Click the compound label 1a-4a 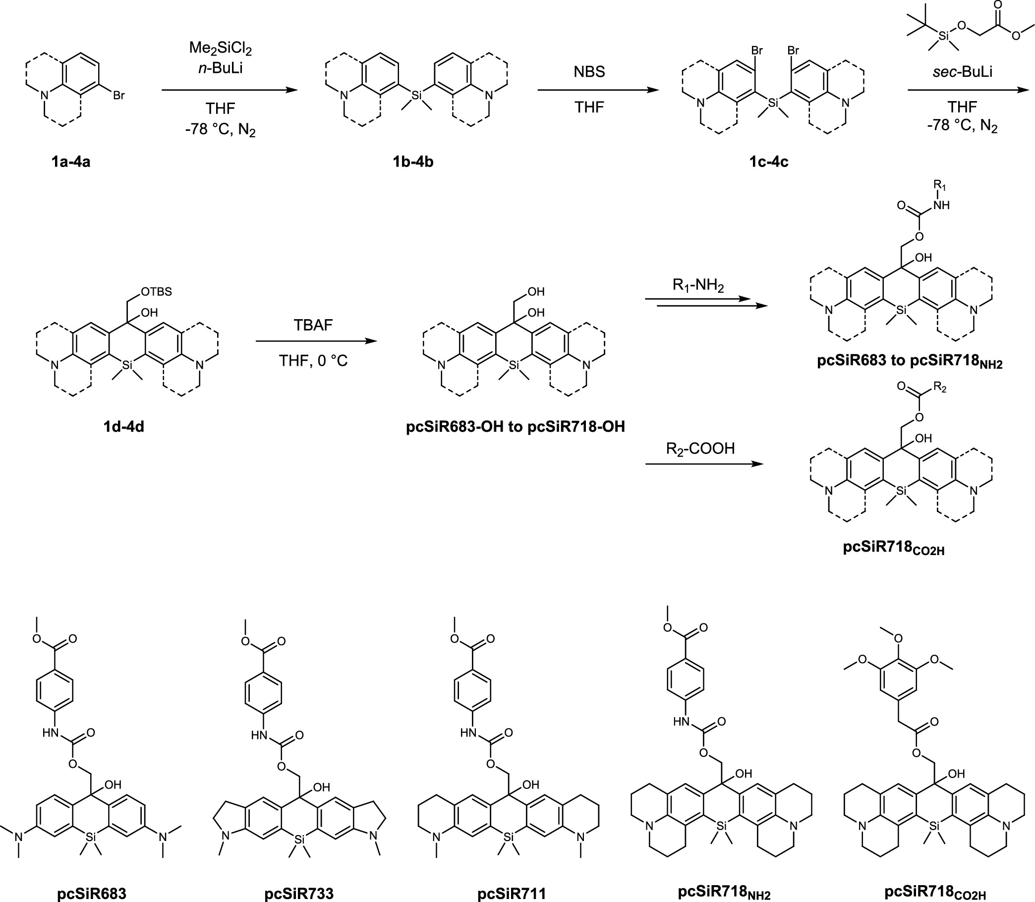[70, 162]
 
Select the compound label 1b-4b [413, 162]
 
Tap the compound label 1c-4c [769, 162]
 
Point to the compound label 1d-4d [124, 426]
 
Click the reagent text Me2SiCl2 [221, 49]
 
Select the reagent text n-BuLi [221, 68]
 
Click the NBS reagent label [589, 71]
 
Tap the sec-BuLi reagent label [963, 71]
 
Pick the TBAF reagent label [313, 325]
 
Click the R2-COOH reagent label [700, 449]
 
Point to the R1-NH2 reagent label [698, 286]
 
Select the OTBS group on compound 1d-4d [157, 291]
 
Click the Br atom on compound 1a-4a [119, 95]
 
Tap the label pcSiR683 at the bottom [92, 894]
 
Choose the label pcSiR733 [299, 894]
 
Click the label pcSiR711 [512, 894]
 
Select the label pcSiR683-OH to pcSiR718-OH [516, 427]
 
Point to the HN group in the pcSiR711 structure [468, 733]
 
